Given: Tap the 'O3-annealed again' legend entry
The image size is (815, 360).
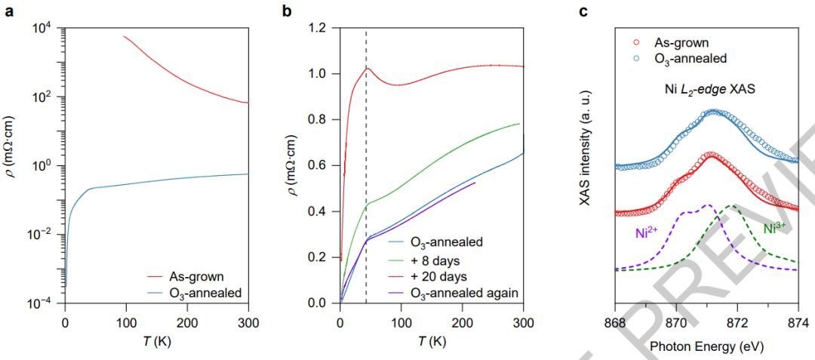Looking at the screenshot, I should point(464,292).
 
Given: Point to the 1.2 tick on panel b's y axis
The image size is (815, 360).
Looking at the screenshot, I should point(324,28).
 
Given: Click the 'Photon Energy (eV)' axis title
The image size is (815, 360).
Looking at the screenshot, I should point(706,346).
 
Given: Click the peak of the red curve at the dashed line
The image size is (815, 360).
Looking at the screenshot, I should point(366,68).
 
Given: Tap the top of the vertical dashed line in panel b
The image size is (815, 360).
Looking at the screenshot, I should point(366,31).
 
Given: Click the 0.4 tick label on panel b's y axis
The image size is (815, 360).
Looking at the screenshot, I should point(324,211).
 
